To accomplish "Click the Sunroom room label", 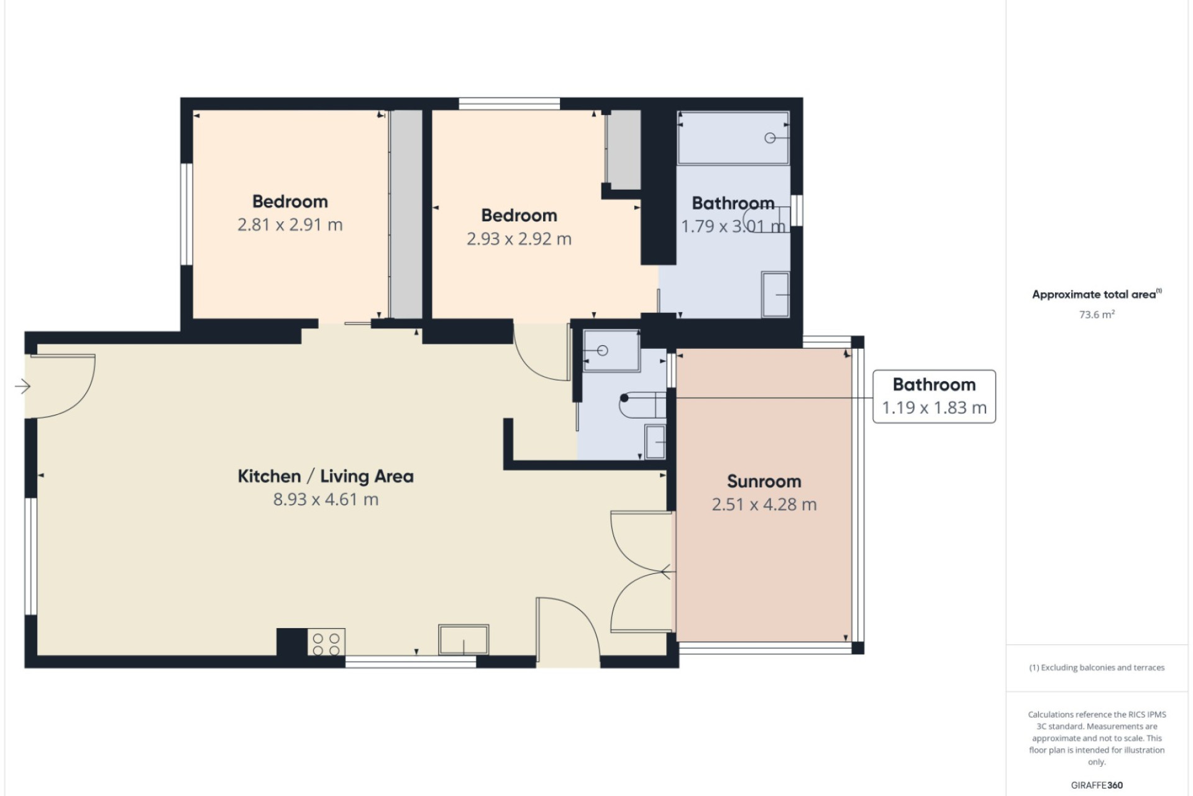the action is tap(764, 481).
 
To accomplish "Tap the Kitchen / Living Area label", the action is tap(326, 476).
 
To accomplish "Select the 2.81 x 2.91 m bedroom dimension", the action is tap(290, 224).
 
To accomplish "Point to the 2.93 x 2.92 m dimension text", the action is tap(519, 239).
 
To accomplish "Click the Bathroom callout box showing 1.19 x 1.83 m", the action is tap(934, 397).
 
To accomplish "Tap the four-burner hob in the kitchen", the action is tap(326, 644).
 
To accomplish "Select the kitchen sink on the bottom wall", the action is tap(464, 640).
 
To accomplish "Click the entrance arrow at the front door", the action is tap(22, 387).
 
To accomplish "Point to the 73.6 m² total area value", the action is tap(1097, 314).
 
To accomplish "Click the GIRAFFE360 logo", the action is tap(1097, 785).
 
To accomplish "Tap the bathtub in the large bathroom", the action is tap(733, 138).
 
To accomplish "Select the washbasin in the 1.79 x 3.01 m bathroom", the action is tap(775, 294).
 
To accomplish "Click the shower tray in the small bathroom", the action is tap(611, 351).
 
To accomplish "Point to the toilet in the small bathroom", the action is tap(642, 405).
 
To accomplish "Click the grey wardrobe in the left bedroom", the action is tap(406, 215).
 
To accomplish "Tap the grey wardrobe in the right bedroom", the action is tap(623, 150).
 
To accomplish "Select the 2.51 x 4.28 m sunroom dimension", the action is tap(764, 504).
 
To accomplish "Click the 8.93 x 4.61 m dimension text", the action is tap(326, 499).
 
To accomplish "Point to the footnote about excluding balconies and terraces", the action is tap(1097, 668).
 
